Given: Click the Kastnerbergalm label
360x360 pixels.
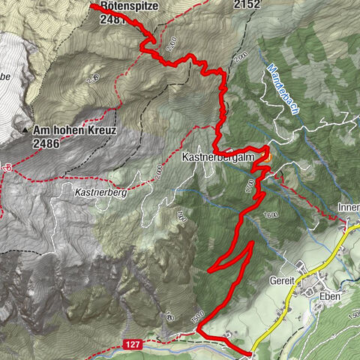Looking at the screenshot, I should pyautogui.click(x=218, y=158).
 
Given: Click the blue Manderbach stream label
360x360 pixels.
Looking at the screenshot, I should pyautogui.click(x=283, y=88).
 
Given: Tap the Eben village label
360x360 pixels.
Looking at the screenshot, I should pyautogui.click(x=328, y=296).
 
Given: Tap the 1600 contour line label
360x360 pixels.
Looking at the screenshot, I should pyautogui.click(x=270, y=215).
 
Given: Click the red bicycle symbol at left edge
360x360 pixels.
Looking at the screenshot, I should pyautogui.click(x=4, y=167).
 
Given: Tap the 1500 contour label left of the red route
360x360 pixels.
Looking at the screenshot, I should pyautogui.click(x=197, y=318).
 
